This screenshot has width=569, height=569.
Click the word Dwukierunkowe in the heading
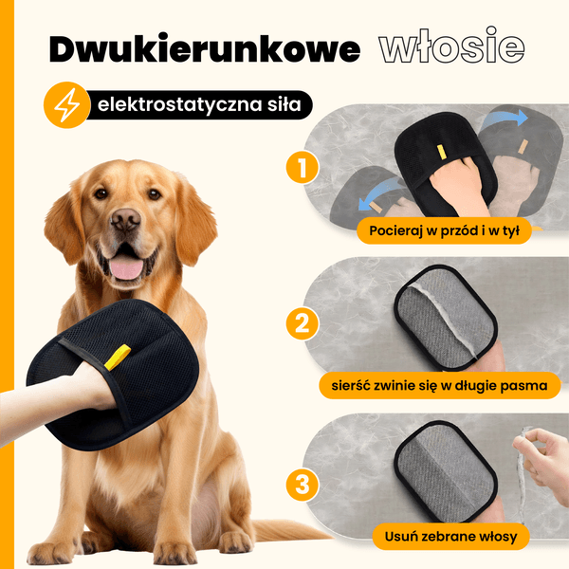click(205, 48)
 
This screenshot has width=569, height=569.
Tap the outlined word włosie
click(451, 45)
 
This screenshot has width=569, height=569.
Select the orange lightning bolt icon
click(66, 105)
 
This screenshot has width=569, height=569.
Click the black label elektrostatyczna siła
click(199, 105)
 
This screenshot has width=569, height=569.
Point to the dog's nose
click(125, 219)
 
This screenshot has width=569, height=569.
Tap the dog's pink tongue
click(126, 267)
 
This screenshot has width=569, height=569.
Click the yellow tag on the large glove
click(118, 358)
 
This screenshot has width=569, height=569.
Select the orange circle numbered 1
click(303, 167)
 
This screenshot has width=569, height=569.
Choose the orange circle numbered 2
click(303, 323)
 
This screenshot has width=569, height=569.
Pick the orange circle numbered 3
click(303, 485)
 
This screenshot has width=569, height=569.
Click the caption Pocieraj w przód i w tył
click(444, 230)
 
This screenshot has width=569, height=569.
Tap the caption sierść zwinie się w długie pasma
click(439, 385)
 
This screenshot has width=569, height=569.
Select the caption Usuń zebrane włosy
click(450, 537)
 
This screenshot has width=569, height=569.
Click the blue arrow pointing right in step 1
click(506, 118)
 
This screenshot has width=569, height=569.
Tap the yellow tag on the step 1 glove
click(441, 152)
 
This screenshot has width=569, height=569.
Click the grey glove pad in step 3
click(446, 470)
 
